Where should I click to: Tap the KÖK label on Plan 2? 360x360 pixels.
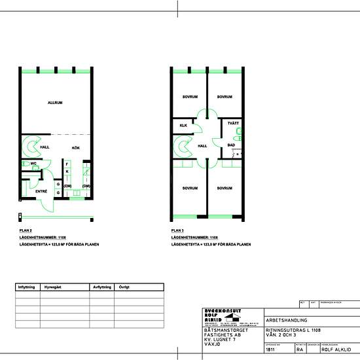coord(76,148)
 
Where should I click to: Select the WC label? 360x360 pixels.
coord(33,164)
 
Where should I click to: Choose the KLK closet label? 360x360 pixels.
coord(183,124)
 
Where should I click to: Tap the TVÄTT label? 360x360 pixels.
coord(232,124)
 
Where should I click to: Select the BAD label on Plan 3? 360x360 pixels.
coord(231,145)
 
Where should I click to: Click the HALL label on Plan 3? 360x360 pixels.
coord(202,146)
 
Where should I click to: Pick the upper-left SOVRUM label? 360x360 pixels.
coord(190,97)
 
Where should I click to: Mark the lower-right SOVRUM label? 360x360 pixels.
coord(225,188)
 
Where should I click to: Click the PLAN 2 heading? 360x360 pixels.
coord(27,231)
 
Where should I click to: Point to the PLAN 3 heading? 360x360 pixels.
coord(178,231)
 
